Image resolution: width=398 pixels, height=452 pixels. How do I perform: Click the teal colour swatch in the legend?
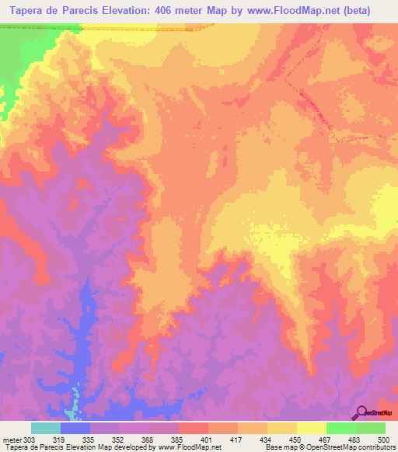pos(46,428)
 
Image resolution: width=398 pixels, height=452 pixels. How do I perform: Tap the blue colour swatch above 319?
pos(75,428)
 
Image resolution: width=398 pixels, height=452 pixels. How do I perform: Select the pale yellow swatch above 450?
pos(312,428)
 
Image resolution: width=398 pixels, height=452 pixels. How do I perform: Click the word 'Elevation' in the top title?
pos(121,11)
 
